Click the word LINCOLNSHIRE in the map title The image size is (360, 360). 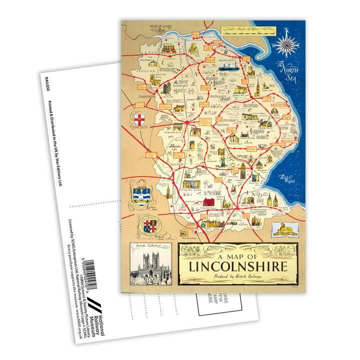click(237, 264)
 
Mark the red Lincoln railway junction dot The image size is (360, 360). click(188, 121)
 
